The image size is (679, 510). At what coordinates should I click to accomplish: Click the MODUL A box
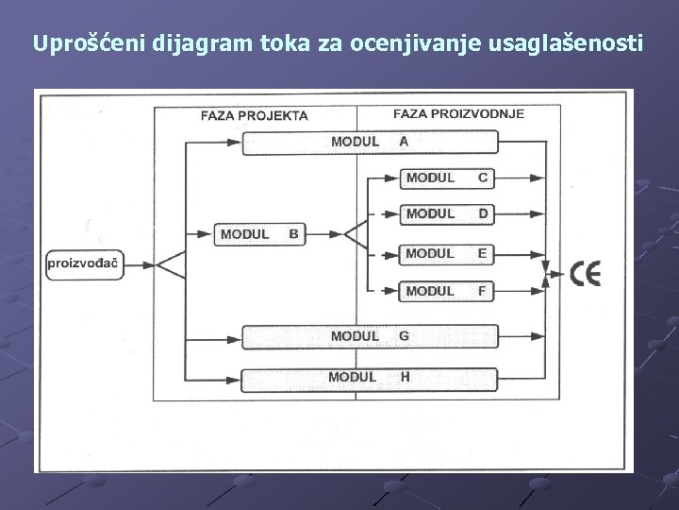370,142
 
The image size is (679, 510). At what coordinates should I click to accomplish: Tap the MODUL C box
447,178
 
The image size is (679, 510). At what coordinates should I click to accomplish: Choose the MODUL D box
447,214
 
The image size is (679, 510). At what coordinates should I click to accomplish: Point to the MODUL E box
447,253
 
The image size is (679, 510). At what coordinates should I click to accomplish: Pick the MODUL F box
447,291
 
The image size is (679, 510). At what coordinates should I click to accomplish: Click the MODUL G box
370,336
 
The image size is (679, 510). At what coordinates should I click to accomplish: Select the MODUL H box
370,378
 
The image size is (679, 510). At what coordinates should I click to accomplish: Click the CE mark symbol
585,274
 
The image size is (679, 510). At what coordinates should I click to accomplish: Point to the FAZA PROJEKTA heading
254,116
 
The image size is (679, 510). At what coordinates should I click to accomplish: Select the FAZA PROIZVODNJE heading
458,113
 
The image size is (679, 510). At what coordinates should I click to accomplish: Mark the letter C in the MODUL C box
483,178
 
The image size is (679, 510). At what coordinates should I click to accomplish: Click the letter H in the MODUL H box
405,378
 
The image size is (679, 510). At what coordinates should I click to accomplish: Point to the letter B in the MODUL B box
293,233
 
